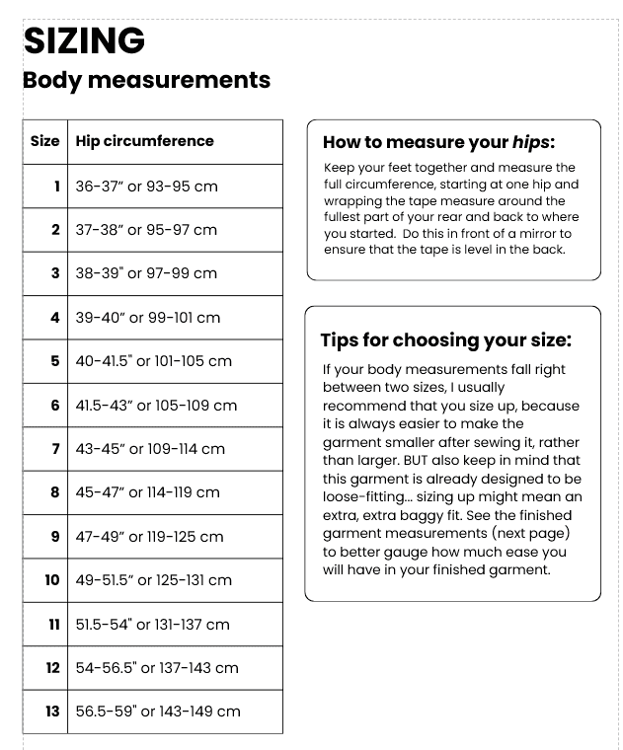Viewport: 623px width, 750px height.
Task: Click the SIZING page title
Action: (84, 40)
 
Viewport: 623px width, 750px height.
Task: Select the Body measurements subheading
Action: (146, 80)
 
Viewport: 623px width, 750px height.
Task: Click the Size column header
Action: (44, 141)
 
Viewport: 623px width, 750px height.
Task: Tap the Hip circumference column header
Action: (144, 141)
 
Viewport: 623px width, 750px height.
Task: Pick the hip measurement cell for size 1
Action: (146, 186)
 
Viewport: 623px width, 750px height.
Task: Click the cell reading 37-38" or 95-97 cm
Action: (146, 230)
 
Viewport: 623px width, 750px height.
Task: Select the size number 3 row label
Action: (55, 273)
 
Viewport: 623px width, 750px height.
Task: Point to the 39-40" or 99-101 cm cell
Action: (148, 318)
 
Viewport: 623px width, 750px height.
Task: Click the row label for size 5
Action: (55, 361)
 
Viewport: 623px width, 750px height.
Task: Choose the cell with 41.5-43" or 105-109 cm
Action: (156, 405)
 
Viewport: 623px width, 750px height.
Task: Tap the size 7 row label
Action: (55, 449)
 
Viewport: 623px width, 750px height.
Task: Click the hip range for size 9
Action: (150, 537)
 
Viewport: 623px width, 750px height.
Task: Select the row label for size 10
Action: (51, 580)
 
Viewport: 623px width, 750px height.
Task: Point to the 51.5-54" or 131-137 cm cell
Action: (152, 624)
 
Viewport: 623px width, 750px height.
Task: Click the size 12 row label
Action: (52, 668)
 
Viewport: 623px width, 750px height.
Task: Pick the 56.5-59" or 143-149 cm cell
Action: (158, 712)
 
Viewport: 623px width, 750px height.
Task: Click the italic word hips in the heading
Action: (531, 141)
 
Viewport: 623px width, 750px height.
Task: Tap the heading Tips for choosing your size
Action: (445, 340)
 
